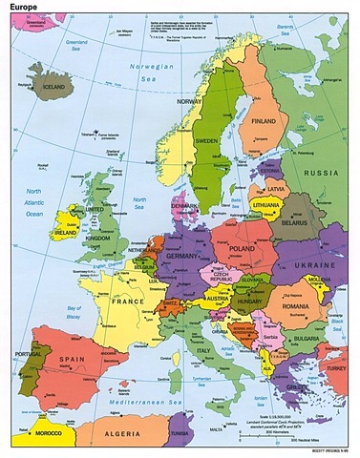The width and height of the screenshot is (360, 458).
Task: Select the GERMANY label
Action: point(181,258)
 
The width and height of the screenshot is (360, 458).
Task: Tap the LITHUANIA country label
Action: point(267,205)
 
